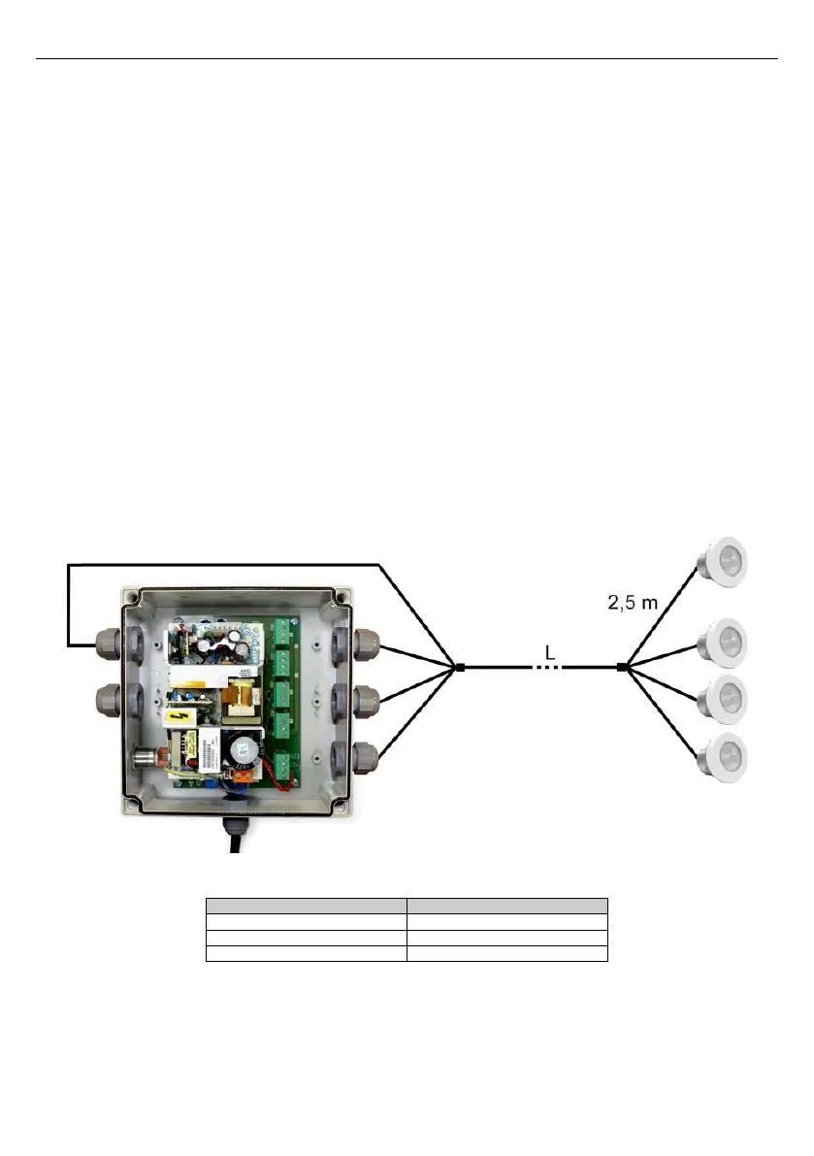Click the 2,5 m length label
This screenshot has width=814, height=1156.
pyautogui.click(x=626, y=603)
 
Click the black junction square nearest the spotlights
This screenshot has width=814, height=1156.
pyautogui.click(x=621, y=668)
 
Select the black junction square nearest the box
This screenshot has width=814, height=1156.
pyautogui.click(x=460, y=668)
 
